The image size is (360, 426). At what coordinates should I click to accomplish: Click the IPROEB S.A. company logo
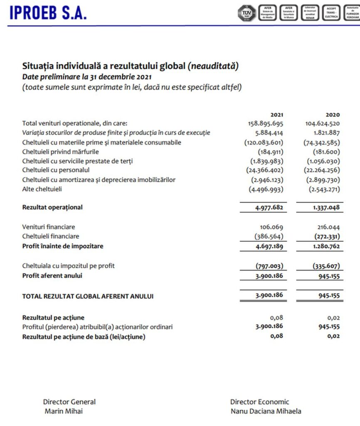click(47, 12)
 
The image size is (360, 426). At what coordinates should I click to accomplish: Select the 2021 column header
click(276, 114)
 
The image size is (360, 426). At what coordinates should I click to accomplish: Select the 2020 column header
click(333, 114)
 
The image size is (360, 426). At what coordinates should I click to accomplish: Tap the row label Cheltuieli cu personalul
click(56, 170)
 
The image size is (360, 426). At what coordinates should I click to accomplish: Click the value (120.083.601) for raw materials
click(264, 142)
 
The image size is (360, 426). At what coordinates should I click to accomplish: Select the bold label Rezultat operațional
click(52, 207)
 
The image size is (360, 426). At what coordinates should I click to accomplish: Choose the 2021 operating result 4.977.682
click(269, 207)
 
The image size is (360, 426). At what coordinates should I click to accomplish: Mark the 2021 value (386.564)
click(269, 236)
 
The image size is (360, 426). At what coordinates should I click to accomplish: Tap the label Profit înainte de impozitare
click(63, 246)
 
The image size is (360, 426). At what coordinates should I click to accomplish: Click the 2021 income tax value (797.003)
click(269, 266)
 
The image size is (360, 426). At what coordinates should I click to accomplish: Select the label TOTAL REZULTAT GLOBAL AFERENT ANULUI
click(88, 296)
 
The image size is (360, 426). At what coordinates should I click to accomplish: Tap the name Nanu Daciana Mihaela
click(266, 411)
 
